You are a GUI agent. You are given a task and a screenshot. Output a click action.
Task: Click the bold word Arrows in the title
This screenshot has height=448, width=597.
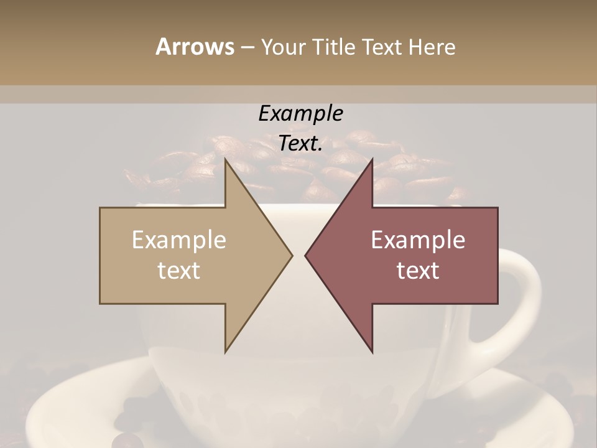[195, 47]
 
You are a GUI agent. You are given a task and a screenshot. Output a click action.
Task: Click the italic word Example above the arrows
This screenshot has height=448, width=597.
[300, 113]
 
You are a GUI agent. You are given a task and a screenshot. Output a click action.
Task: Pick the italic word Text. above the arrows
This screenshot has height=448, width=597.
[300, 143]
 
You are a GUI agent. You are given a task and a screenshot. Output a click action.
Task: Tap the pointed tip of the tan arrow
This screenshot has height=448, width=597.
[292, 255]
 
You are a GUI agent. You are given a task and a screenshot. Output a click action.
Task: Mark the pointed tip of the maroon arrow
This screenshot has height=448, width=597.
[306, 255]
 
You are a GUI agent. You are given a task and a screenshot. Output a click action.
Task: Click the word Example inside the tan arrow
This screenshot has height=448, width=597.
[179, 240]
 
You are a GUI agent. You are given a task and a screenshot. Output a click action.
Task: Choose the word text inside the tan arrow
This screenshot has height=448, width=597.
[179, 271]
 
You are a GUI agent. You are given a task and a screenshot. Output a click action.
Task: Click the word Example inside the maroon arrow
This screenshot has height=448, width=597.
[418, 240]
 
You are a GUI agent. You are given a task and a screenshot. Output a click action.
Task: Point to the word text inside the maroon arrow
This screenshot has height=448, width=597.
[418, 271]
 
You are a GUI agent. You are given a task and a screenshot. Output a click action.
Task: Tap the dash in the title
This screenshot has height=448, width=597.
[247, 47]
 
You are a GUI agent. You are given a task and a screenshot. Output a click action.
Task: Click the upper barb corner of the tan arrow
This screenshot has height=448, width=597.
[226, 160]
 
